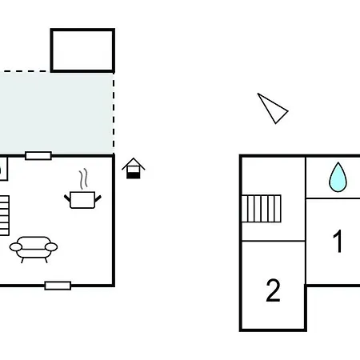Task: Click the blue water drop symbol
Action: [x=338, y=178]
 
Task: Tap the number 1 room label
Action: [x=338, y=241]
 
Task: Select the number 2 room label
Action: [x=273, y=290]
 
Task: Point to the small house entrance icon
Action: [x=134, y=168]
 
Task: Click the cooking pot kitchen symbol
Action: [x=82, y=200]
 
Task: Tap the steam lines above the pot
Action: [x=83, y=178]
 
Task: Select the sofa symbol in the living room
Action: [x=34, y=250]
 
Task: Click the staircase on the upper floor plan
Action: [x=262, y=209]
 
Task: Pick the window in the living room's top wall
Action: [x=38, y=156]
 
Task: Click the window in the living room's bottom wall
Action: [x=58, y=286]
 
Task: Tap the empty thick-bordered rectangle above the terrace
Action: [x=82, y=50]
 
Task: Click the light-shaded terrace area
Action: [x=57, y=113]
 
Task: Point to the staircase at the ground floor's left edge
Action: [x=5, y=215]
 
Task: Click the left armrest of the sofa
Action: [x=16, y=247]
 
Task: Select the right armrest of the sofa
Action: [x=51, y=247]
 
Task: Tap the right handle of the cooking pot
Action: [x=98, y=198]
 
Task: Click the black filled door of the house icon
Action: [x=134, y=175]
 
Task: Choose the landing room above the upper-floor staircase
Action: [x=274, y=176]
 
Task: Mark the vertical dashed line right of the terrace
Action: [x=114, y=113]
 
